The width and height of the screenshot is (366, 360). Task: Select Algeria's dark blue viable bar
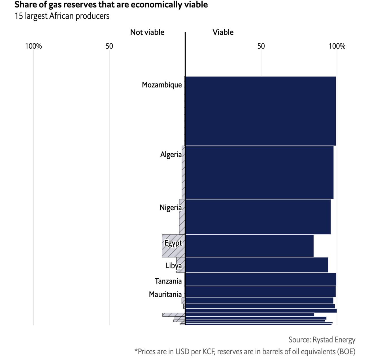[259, 172]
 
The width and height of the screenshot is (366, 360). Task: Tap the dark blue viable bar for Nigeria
[258, 217]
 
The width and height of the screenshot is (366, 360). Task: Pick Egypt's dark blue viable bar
[249, 246]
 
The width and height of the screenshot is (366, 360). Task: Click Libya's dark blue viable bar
[256, 265]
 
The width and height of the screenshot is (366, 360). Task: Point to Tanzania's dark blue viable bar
[260, 279]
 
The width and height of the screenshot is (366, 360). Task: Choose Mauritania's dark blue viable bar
[260, 291]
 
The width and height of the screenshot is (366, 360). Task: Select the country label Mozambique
[162, 85]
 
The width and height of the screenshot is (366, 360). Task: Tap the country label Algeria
[171, 154]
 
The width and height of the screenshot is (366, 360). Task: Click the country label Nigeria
[171, 208]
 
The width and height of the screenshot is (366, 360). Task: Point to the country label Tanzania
[168, 281]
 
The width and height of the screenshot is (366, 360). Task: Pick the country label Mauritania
[165, 294]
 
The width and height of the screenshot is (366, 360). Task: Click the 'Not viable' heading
[147, 32]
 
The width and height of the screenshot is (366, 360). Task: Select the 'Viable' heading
[223, 32]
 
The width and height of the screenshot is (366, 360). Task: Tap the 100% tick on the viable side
[337, 46]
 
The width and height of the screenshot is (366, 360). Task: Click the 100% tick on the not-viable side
[33, 46]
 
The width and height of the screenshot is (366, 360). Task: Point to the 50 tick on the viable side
[261, 46]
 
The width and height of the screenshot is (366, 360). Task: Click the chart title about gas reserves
[111, 5]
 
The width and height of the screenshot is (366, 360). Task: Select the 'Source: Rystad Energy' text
[322, 340]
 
